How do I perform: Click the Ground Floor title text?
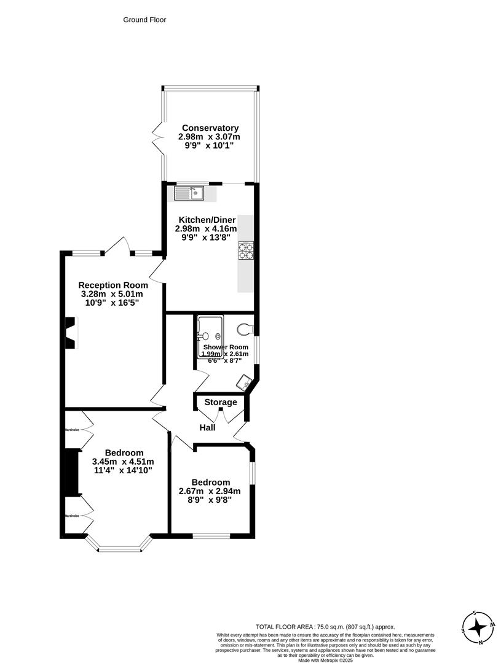pyautogui.click(x=144, y=20)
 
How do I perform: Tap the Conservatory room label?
pyautogui.click(x=205, y=128)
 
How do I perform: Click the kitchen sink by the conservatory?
pyautogui.click(x=191, y=194)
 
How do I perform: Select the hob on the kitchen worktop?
pyautogui.click(x=247, y=250)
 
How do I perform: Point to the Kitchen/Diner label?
pyautogui.click(x=207, y=220)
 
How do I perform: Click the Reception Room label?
pyautogui.click(x=113, y=285)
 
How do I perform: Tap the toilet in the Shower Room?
pyautogui.click(x=245, y=330)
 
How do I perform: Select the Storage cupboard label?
pyautogui.click(x=221, y=402)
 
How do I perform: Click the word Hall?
pyautogui.click(x=207, y=427)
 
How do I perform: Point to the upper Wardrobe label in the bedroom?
pyautogui.click(x=72, y=430)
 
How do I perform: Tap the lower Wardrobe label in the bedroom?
pyautogui.click(x=72, y=516)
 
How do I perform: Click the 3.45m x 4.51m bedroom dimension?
pyautogui.click(x=123, y=462)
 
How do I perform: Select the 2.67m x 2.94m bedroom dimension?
pyautogui.click(x=210, y=491)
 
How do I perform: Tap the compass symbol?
pyautogui.click(x=478, y=627)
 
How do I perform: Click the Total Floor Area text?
pyautogui.click(x=325, y=627)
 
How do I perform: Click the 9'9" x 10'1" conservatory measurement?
pyautogui.click(x=205, y=145)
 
